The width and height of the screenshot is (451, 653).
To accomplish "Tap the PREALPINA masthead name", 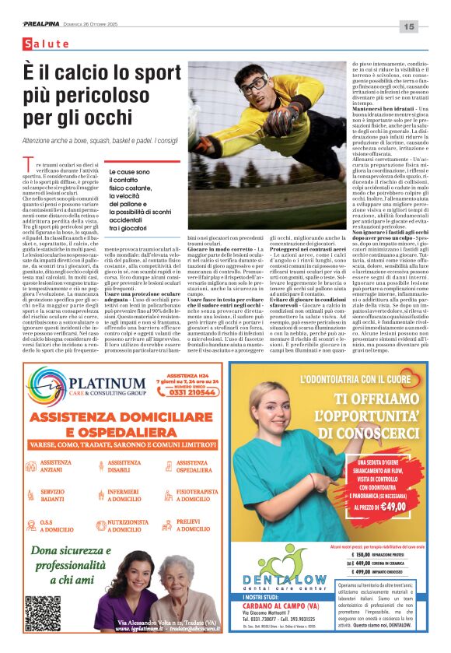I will pyautogui.click(x=40, y=24).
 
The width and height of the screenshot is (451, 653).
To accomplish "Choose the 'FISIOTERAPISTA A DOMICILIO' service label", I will pyautogui.click(x=187, y=495).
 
